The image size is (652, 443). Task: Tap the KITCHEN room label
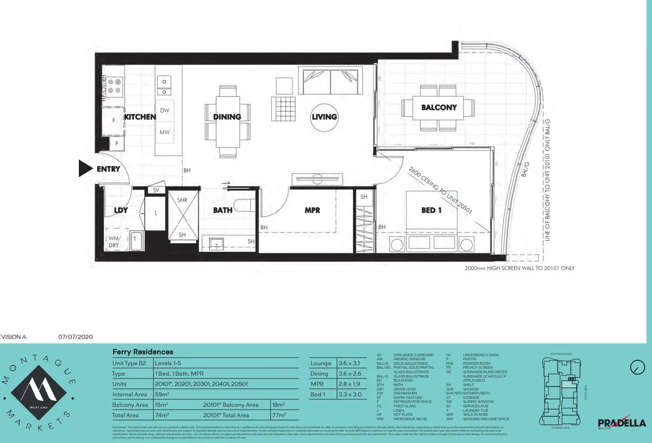tap(140, 117)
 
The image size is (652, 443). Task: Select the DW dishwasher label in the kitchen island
tap(165, 111)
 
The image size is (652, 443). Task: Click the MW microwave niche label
tap(165, 133)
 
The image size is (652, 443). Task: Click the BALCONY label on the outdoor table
tap(439, 107)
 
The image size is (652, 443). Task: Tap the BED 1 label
tap(431, 210)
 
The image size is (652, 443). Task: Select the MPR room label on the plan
tap(312, 210)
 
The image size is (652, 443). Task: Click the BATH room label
tap(223, 210)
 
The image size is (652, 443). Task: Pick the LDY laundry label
tap(121, 210)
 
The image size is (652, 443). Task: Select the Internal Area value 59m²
tap(162, 394)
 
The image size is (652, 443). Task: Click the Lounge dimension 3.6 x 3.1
tap(349, 363)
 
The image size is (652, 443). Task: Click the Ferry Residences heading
tap(143, 352)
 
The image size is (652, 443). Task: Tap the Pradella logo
tap(621, 422)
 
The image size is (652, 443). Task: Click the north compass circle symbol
tap(637, 367)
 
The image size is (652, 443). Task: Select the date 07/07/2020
tap(75, 337)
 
